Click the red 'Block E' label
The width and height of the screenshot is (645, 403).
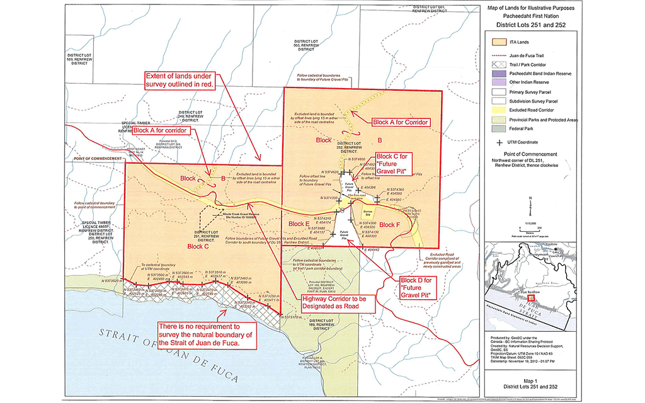299,224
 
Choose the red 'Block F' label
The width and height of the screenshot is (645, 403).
389,225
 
